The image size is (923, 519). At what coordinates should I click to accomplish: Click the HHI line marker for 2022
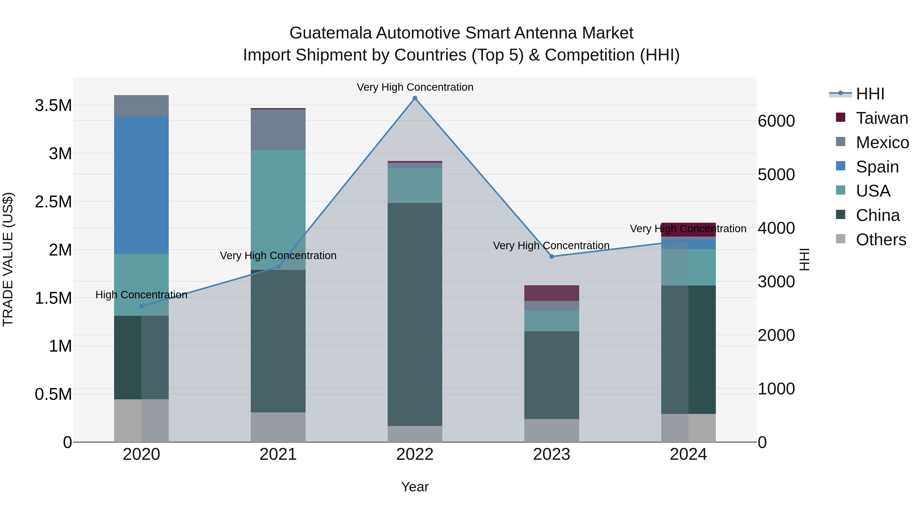click(415, 98)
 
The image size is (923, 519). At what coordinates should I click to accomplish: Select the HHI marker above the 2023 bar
click(552, 257)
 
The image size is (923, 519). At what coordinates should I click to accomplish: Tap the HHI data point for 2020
click(142, 306)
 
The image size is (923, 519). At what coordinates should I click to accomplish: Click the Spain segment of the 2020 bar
click(142, 185)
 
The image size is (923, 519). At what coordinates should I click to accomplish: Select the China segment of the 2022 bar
click(415, 314)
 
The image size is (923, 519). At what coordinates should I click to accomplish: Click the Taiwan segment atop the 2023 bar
click(552, 293)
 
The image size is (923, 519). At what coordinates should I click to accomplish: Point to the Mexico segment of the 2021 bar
click(278, 129)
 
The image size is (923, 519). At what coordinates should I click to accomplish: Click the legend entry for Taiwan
click(881, 118)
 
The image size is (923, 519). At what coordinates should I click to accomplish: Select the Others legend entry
click(881, 240)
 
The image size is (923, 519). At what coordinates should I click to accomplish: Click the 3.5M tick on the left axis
click(53, 106)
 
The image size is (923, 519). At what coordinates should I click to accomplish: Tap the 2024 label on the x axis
click(688, 454)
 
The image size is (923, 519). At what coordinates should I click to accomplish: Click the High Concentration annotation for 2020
click(142, 295)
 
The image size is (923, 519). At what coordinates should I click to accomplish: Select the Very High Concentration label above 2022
click(415, 87)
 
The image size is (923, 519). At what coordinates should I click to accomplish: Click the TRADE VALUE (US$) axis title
click(8, 259)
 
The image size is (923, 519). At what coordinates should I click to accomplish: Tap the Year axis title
click(415, 487)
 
